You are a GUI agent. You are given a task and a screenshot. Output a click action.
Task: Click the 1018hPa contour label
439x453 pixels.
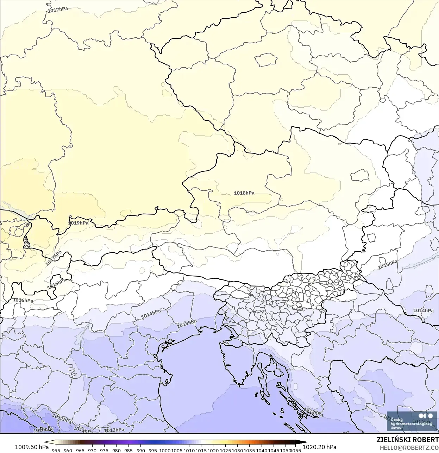pos(244,193)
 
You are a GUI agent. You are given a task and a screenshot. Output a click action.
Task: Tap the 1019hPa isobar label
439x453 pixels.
pos(78,223)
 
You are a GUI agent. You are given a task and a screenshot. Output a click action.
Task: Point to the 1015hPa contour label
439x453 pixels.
pos(387,264)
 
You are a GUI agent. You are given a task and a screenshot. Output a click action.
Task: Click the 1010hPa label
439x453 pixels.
pos(43,430)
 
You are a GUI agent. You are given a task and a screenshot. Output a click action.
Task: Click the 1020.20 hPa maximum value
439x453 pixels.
pos(319,447)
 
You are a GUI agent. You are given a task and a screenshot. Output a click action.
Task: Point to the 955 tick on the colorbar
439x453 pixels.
pos(56,450)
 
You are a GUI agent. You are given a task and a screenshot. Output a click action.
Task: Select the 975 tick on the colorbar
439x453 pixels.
pos(105,450)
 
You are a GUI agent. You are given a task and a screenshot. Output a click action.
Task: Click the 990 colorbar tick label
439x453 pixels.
pos(141,450)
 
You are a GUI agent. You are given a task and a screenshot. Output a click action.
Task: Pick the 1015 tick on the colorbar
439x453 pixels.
pos(201,450)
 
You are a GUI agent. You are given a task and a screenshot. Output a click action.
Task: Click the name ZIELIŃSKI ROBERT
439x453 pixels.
pos(408,440)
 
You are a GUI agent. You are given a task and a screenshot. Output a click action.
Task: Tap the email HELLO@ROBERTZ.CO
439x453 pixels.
pos(409,448)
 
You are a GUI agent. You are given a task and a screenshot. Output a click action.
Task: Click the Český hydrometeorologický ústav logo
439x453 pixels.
pos(411,421)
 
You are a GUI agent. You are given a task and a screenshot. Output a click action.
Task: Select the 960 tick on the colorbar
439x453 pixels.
pos(68,450)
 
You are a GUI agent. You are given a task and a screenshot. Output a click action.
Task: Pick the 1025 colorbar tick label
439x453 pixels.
pos(226,450)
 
